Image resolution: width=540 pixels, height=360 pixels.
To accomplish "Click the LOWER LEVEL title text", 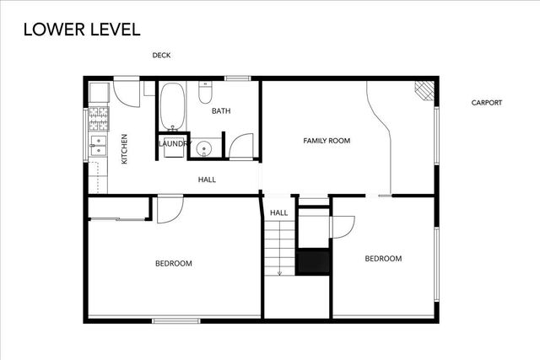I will click(x=82, y=29).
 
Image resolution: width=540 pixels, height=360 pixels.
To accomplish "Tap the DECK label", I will click(x=161, y=56).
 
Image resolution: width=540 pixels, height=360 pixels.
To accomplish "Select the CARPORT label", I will click(x=486, y=103).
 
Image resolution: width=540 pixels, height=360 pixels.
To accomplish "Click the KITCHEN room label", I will click(x=124, y=148).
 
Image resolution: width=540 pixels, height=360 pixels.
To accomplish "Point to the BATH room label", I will click(x=221, y=111).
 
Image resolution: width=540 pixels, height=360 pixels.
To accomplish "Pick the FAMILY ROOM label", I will click(x=327, y=140).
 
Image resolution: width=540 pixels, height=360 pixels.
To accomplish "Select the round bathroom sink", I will click(x=203, y=150).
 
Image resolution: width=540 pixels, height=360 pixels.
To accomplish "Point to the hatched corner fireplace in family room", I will click(x=423, y=89).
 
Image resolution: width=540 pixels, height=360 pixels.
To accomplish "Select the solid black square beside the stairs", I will click(x=312, y=261).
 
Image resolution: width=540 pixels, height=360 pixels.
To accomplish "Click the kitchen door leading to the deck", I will click(x=127, y=91).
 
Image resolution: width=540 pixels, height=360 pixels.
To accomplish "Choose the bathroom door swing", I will click(x=241, y=147).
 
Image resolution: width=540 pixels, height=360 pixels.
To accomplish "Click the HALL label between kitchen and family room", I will click(x=207, y=180).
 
